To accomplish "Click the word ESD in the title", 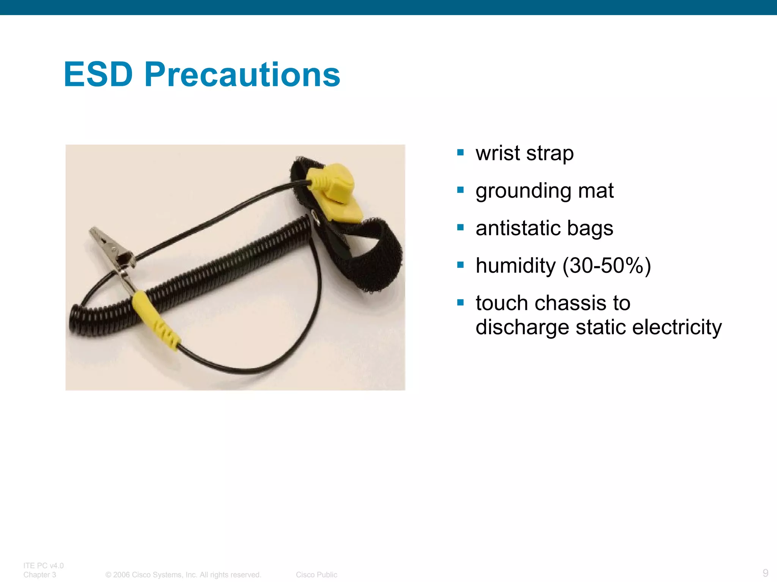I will [x=98, y=75].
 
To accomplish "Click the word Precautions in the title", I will [x=242, y=75].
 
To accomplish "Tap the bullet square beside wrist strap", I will [x=461, y=153].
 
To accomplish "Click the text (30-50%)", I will [x=607, y=265].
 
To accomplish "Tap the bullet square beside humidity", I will [x=461, y=265].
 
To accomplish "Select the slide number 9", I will [x=765, y=573].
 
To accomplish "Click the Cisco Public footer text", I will [x=316, y=575].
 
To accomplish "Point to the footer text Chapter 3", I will [x=39, y=575].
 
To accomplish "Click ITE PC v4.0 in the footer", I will [x=43, y=566].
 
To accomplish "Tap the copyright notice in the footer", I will [x=183, y=575].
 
